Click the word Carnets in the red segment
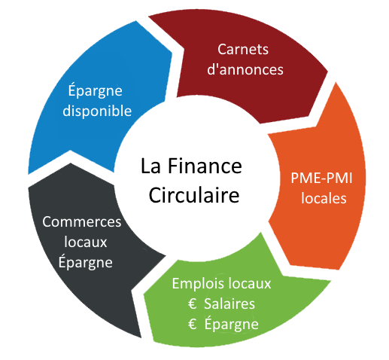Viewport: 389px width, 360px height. pos(243,49)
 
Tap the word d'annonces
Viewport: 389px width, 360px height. pos(245,69)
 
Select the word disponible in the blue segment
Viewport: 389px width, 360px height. pos(97,111)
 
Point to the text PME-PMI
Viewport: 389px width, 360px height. pos(321,178)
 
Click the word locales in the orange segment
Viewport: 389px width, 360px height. pos(324,198)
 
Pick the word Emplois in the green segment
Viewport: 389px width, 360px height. pos(196,284)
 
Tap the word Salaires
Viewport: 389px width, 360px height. pos(229,304)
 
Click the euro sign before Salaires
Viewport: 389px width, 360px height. pos(192,304)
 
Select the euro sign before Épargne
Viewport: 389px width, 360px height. pos(192,324)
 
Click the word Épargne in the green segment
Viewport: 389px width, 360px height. pos(231,323)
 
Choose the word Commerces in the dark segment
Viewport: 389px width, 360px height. pos(82,222)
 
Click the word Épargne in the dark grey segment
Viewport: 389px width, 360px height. pos(86,261)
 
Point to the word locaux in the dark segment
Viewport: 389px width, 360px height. pos(86,242)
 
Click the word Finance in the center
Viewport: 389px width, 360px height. pos(205,166)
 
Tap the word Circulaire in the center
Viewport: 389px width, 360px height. pos(194,195)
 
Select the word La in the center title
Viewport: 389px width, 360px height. pos(150,166)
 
